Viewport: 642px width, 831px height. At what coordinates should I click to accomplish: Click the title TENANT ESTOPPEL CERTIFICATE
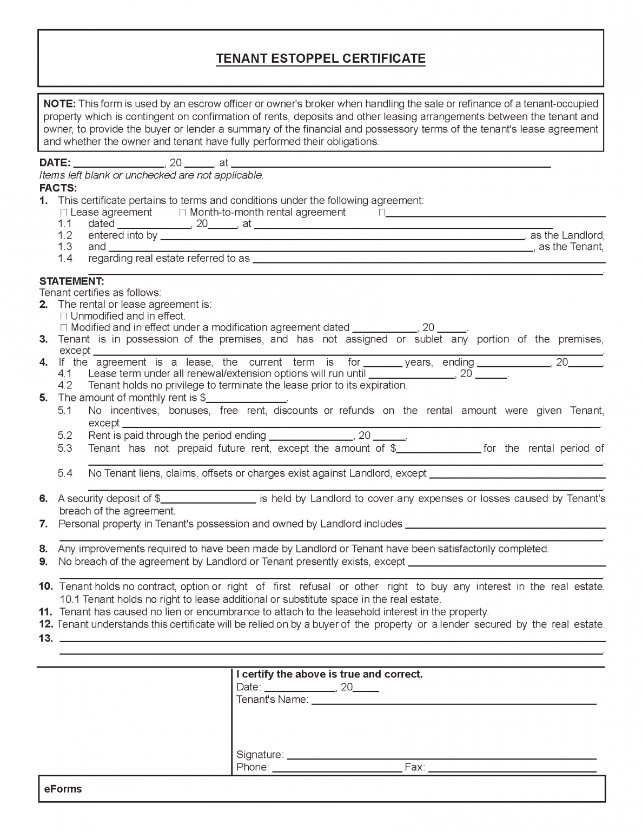coord(321,58)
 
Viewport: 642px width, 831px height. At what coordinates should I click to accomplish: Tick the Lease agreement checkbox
coord(64,213)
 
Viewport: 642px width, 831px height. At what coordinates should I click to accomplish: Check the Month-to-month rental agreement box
coord(182,213)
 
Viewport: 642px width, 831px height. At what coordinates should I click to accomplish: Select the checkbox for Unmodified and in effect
coord(64,316)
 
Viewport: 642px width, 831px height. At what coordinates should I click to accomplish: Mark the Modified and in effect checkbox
coord(64,328)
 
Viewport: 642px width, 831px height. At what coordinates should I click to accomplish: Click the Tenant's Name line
coord(453,701)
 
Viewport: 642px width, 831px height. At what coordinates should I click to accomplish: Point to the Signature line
coord(441,755)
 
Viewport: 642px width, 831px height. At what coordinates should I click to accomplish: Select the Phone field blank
coord(336,768)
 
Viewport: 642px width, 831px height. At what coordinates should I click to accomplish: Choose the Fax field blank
coord(512,768)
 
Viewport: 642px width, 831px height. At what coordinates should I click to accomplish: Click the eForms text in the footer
coord(63,789)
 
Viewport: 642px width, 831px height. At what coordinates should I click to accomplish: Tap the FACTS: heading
coord(58,188)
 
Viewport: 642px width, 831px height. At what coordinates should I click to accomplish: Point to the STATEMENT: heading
coord(72,281)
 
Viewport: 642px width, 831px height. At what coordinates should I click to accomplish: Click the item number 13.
coord(46,638)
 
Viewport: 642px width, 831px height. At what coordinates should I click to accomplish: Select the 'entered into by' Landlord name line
coord(342,236)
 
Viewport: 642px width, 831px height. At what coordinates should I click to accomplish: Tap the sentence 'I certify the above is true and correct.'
coord(329,675)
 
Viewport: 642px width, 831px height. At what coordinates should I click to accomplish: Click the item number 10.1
coord(70,599)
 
